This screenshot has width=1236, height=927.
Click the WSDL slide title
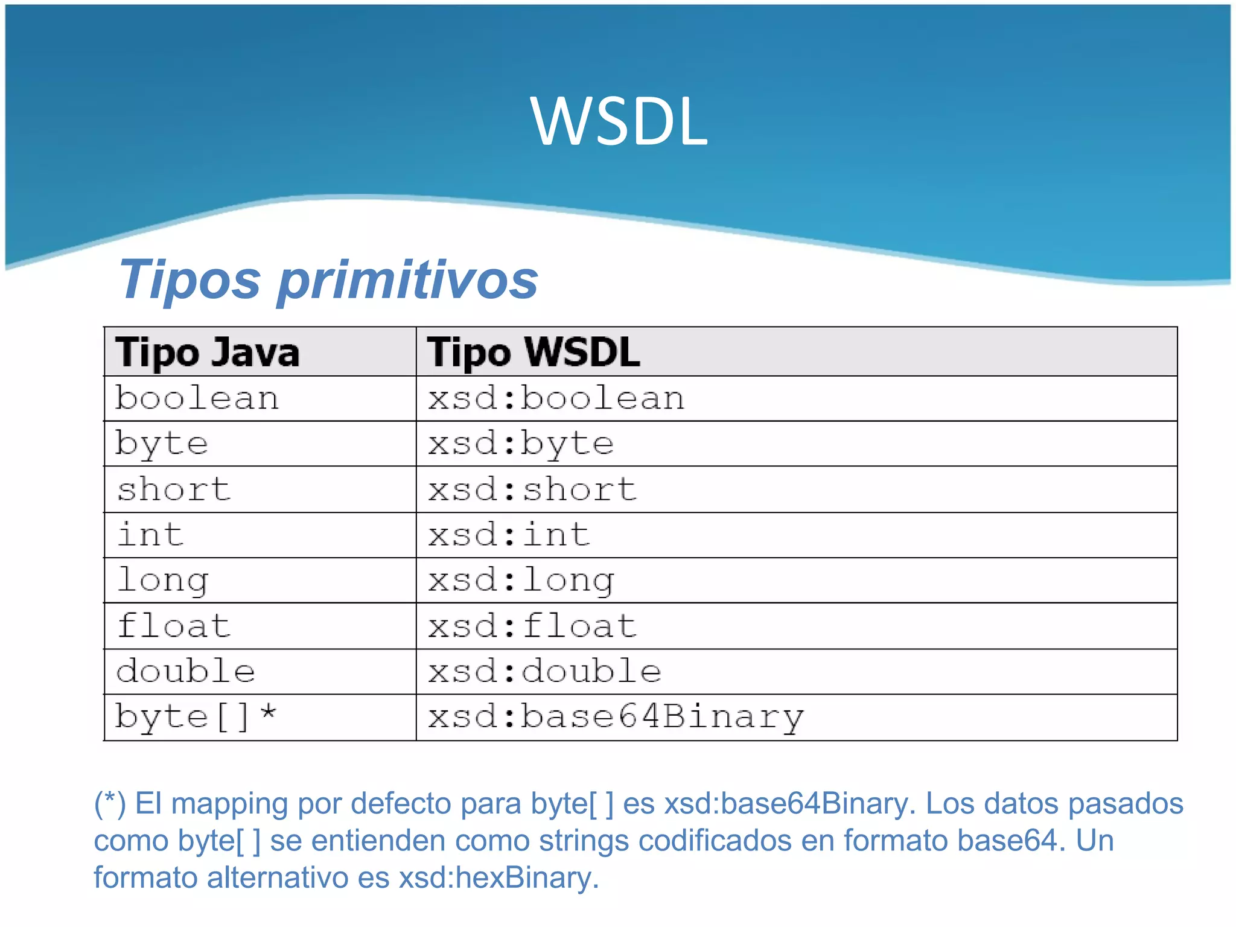tap(619, 122)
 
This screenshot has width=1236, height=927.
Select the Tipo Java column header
tap(207, 352)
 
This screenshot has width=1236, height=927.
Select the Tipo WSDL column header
tap(534, 352)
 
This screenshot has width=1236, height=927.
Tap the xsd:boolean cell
tap(556, 399)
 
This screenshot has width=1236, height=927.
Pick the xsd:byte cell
tap(521, 444)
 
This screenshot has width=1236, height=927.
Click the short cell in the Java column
tap(174, 489)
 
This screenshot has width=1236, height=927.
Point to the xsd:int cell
tap(509, 535)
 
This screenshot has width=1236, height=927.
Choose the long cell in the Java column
tap(163, 580)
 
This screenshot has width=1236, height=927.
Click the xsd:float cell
tap(532, 626)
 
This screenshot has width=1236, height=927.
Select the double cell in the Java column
tap(185, 672)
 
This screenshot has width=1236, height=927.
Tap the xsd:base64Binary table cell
tap(616, 718)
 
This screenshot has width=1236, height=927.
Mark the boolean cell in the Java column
tap(197, 399)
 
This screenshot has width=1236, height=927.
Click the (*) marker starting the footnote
tap(110, 804)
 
